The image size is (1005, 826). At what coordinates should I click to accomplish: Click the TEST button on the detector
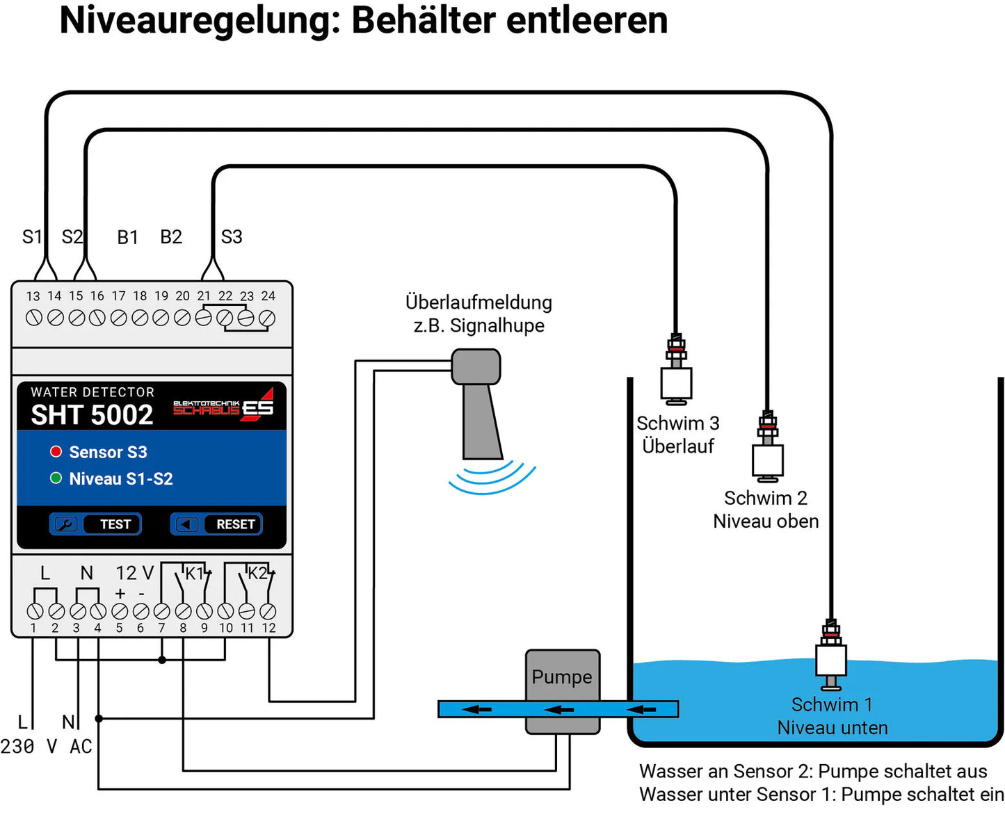pos(95,524)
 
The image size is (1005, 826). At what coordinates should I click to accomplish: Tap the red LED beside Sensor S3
pos(56,452)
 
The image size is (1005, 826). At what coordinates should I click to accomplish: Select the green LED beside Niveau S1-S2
pos(56,478)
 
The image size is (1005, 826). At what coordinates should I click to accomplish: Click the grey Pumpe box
pos(562,677)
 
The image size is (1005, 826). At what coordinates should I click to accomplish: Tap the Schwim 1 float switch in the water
pos(830,657)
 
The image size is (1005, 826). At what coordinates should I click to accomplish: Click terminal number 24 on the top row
pos(267,318)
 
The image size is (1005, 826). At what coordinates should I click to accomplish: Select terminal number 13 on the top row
pos(33,318)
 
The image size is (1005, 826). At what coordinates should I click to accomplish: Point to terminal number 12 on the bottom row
pos(268,612)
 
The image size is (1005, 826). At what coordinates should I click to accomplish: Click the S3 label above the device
pos(232,237)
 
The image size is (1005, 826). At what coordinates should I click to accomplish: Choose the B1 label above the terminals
pos(127,238)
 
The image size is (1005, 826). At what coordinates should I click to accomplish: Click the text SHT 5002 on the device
pos(92,415)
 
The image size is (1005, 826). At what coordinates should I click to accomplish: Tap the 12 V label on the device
pos(134,573)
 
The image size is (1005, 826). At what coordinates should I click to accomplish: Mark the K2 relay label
pos(257,573)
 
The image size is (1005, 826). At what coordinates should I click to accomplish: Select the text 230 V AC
pos(47,747)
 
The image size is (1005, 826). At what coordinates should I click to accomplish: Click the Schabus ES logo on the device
pos(223,406)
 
